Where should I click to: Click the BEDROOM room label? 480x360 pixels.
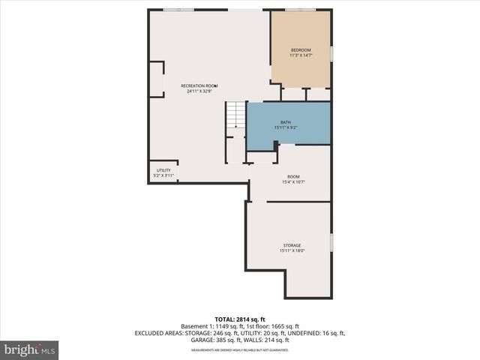click(300, 49)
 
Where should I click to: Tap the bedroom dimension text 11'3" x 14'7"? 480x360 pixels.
click(300, 55)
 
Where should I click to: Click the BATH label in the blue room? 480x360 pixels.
click(286, 122)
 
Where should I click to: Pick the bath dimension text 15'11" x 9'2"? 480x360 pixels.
click(286, 127)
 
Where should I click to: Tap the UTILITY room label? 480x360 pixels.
click(163, 170)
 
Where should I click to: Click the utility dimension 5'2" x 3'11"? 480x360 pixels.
click(163, 175)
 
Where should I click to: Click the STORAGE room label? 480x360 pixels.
click(292, 245)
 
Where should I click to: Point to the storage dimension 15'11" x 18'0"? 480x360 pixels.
click(292, 250)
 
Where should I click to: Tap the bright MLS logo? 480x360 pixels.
click(30, 349)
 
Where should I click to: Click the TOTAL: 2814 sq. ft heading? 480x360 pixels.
click(239, 319)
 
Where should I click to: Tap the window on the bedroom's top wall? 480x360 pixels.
click(300, 10)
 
